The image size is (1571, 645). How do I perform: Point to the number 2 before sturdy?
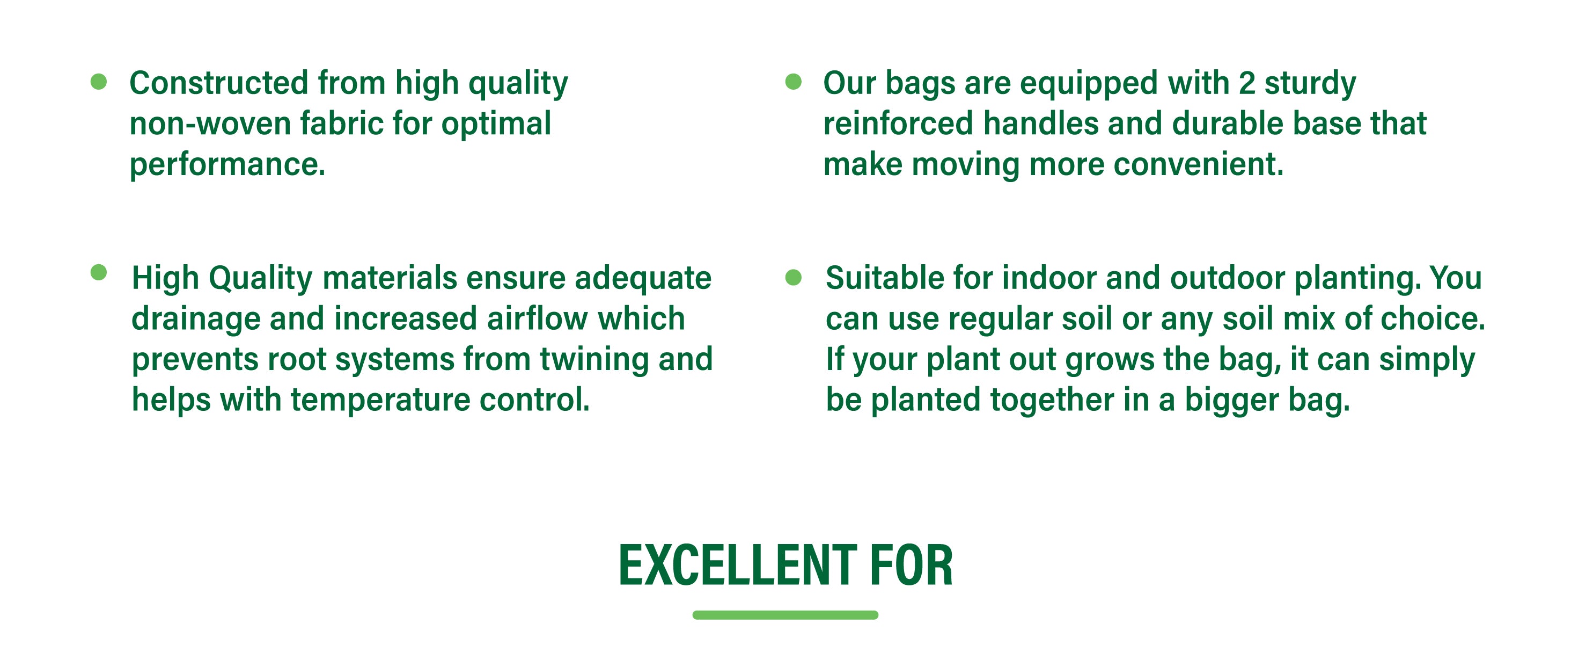[1246, 83]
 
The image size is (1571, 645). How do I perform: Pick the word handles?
[1040, 124]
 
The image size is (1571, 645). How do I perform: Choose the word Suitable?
[885, 278]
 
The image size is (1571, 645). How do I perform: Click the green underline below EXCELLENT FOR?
[785, 614]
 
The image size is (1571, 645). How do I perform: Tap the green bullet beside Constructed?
[99, 81]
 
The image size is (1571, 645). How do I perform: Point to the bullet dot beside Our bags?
[794, 81]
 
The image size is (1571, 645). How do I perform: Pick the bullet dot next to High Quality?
[99, 272]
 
